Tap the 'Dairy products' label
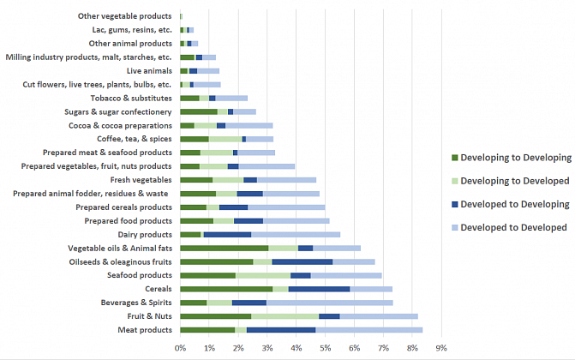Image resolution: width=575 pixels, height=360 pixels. point(145,234)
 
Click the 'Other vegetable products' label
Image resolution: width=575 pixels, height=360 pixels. point(124,15)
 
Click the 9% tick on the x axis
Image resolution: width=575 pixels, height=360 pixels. point(441,348)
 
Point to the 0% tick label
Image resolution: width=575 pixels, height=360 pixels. point(181,348)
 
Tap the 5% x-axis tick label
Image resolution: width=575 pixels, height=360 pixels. point(326,348)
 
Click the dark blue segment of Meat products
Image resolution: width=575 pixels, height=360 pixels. point(281,330)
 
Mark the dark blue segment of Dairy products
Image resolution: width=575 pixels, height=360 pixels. point(227,234)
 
